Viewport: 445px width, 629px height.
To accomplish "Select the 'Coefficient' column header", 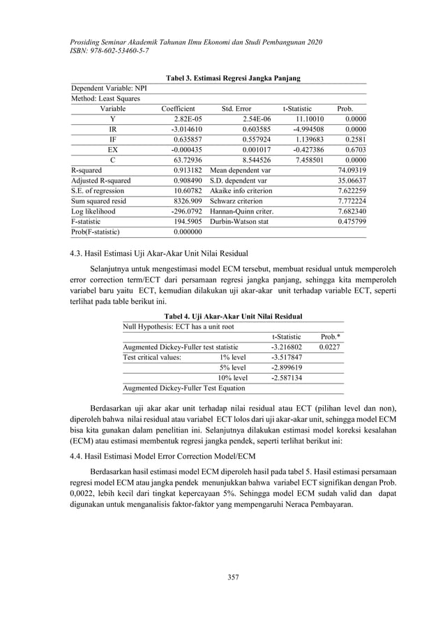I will click(x=178, y=109).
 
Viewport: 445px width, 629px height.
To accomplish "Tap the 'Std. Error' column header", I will click(x=236, y=109).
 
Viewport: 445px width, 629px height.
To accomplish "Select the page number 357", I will click(x=222, y=576).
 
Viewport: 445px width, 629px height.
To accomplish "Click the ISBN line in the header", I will click(x=110, y=52).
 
